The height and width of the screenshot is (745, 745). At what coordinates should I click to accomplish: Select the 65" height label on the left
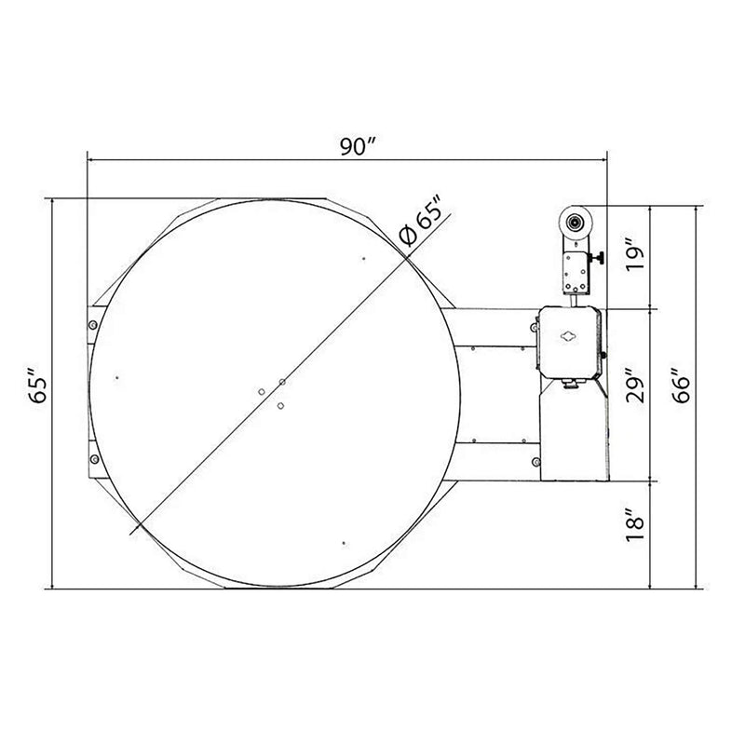click(x=34, y=388)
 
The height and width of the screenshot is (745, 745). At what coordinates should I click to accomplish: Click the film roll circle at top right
click(x=576, y=223)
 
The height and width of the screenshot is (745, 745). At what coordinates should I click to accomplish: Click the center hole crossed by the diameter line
click(x=282, y=381)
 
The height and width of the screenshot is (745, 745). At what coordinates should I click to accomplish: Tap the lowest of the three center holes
click(x=280, y=406)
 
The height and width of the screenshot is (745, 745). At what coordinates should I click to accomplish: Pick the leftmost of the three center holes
click(x=262, y=390)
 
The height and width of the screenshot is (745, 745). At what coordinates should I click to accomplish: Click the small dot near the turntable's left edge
click(x=115, y=377)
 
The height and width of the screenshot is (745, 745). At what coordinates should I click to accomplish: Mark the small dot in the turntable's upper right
click(x=364, y=258)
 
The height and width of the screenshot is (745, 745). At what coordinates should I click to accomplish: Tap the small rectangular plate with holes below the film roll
click(x=573, y=271)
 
